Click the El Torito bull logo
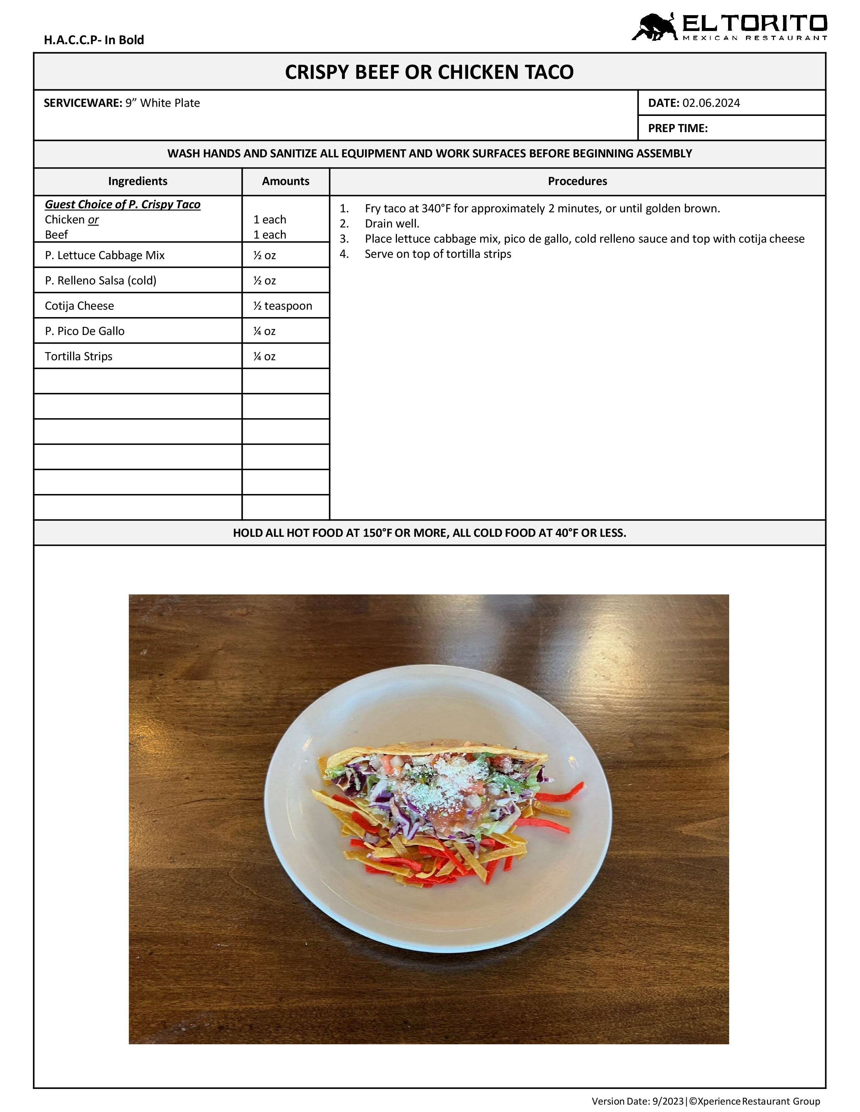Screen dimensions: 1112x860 (653, 27)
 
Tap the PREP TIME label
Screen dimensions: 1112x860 (678, 128)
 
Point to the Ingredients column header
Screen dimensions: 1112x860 (138, 181)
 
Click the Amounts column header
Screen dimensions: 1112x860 (285, 181)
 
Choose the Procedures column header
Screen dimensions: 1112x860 (577, 181)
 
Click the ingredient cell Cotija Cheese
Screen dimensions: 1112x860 (80, 306)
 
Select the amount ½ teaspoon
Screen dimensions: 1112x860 (283, 306)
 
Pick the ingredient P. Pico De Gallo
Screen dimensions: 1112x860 (85, 331)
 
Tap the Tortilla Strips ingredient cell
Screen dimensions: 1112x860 (79, 357)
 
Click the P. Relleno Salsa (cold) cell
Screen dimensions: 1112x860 (101, 281)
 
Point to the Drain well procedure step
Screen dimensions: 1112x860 (392, 223)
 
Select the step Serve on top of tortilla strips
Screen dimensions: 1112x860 (438, 254)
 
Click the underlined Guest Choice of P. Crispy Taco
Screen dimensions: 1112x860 (122, 205)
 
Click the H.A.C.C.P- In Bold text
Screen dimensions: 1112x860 (94, 40)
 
